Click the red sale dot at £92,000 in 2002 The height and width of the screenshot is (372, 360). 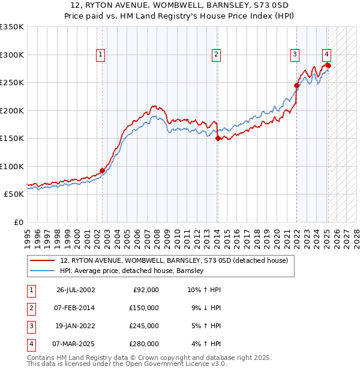point(102,170)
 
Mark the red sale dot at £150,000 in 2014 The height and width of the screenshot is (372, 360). point(218,138)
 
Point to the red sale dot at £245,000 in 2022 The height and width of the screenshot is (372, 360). point(297,85)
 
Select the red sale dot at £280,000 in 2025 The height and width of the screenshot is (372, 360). point(328,65)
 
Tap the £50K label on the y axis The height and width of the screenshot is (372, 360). point(14,194)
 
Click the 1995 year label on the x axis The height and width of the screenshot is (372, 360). point(28,237)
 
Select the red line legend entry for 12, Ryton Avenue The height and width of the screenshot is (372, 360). point(174,260)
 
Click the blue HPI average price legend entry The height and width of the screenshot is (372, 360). point(132,271)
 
